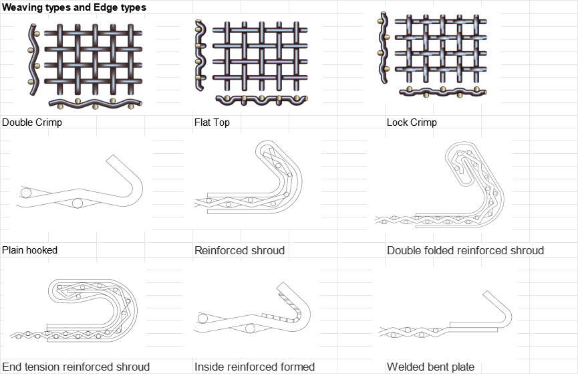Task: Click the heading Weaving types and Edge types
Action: tap(74, 7)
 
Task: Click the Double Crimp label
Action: tap(32, 122)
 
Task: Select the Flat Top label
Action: tap(212, 122)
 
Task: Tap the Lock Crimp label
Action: tap(412, 122)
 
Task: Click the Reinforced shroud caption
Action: tap(239, 251)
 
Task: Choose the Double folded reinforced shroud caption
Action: tap(465, 251)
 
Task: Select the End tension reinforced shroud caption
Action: tap(76, 367)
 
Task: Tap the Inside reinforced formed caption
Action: tap(255, 367)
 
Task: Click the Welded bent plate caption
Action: tap(430, 367)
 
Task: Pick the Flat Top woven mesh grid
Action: tap(261, 56)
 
